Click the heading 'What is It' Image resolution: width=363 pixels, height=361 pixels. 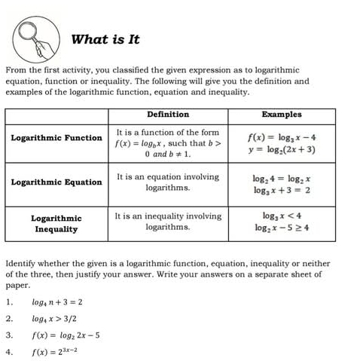click(x=105, y=39)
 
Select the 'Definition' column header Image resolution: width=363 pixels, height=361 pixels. click(x=168, y=115)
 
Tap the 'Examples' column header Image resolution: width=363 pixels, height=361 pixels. click(x=281, y=115)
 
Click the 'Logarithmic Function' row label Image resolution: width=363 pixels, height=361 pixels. click(x=56, y=138)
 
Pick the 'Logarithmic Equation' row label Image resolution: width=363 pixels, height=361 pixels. click(x=56, y=182)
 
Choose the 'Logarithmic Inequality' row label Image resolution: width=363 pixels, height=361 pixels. click(x=56, y=223)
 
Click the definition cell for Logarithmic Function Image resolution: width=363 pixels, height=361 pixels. click(x=168, y=142)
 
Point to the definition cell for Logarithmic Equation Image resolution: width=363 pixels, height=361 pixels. click(x=168, y=182)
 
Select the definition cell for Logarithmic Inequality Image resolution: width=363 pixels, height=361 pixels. click(x=168, y=221)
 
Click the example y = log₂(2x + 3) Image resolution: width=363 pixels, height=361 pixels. click(x=282, y=149)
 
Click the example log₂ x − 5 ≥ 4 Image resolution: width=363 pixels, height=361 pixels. click(x=282, y=227)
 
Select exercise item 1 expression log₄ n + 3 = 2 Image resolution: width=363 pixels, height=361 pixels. click(x=57, y=301)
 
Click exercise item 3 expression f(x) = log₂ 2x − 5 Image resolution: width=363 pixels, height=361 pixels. click(x=66, y=335)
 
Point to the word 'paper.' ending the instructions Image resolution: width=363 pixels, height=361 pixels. click(x=17, y=286)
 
